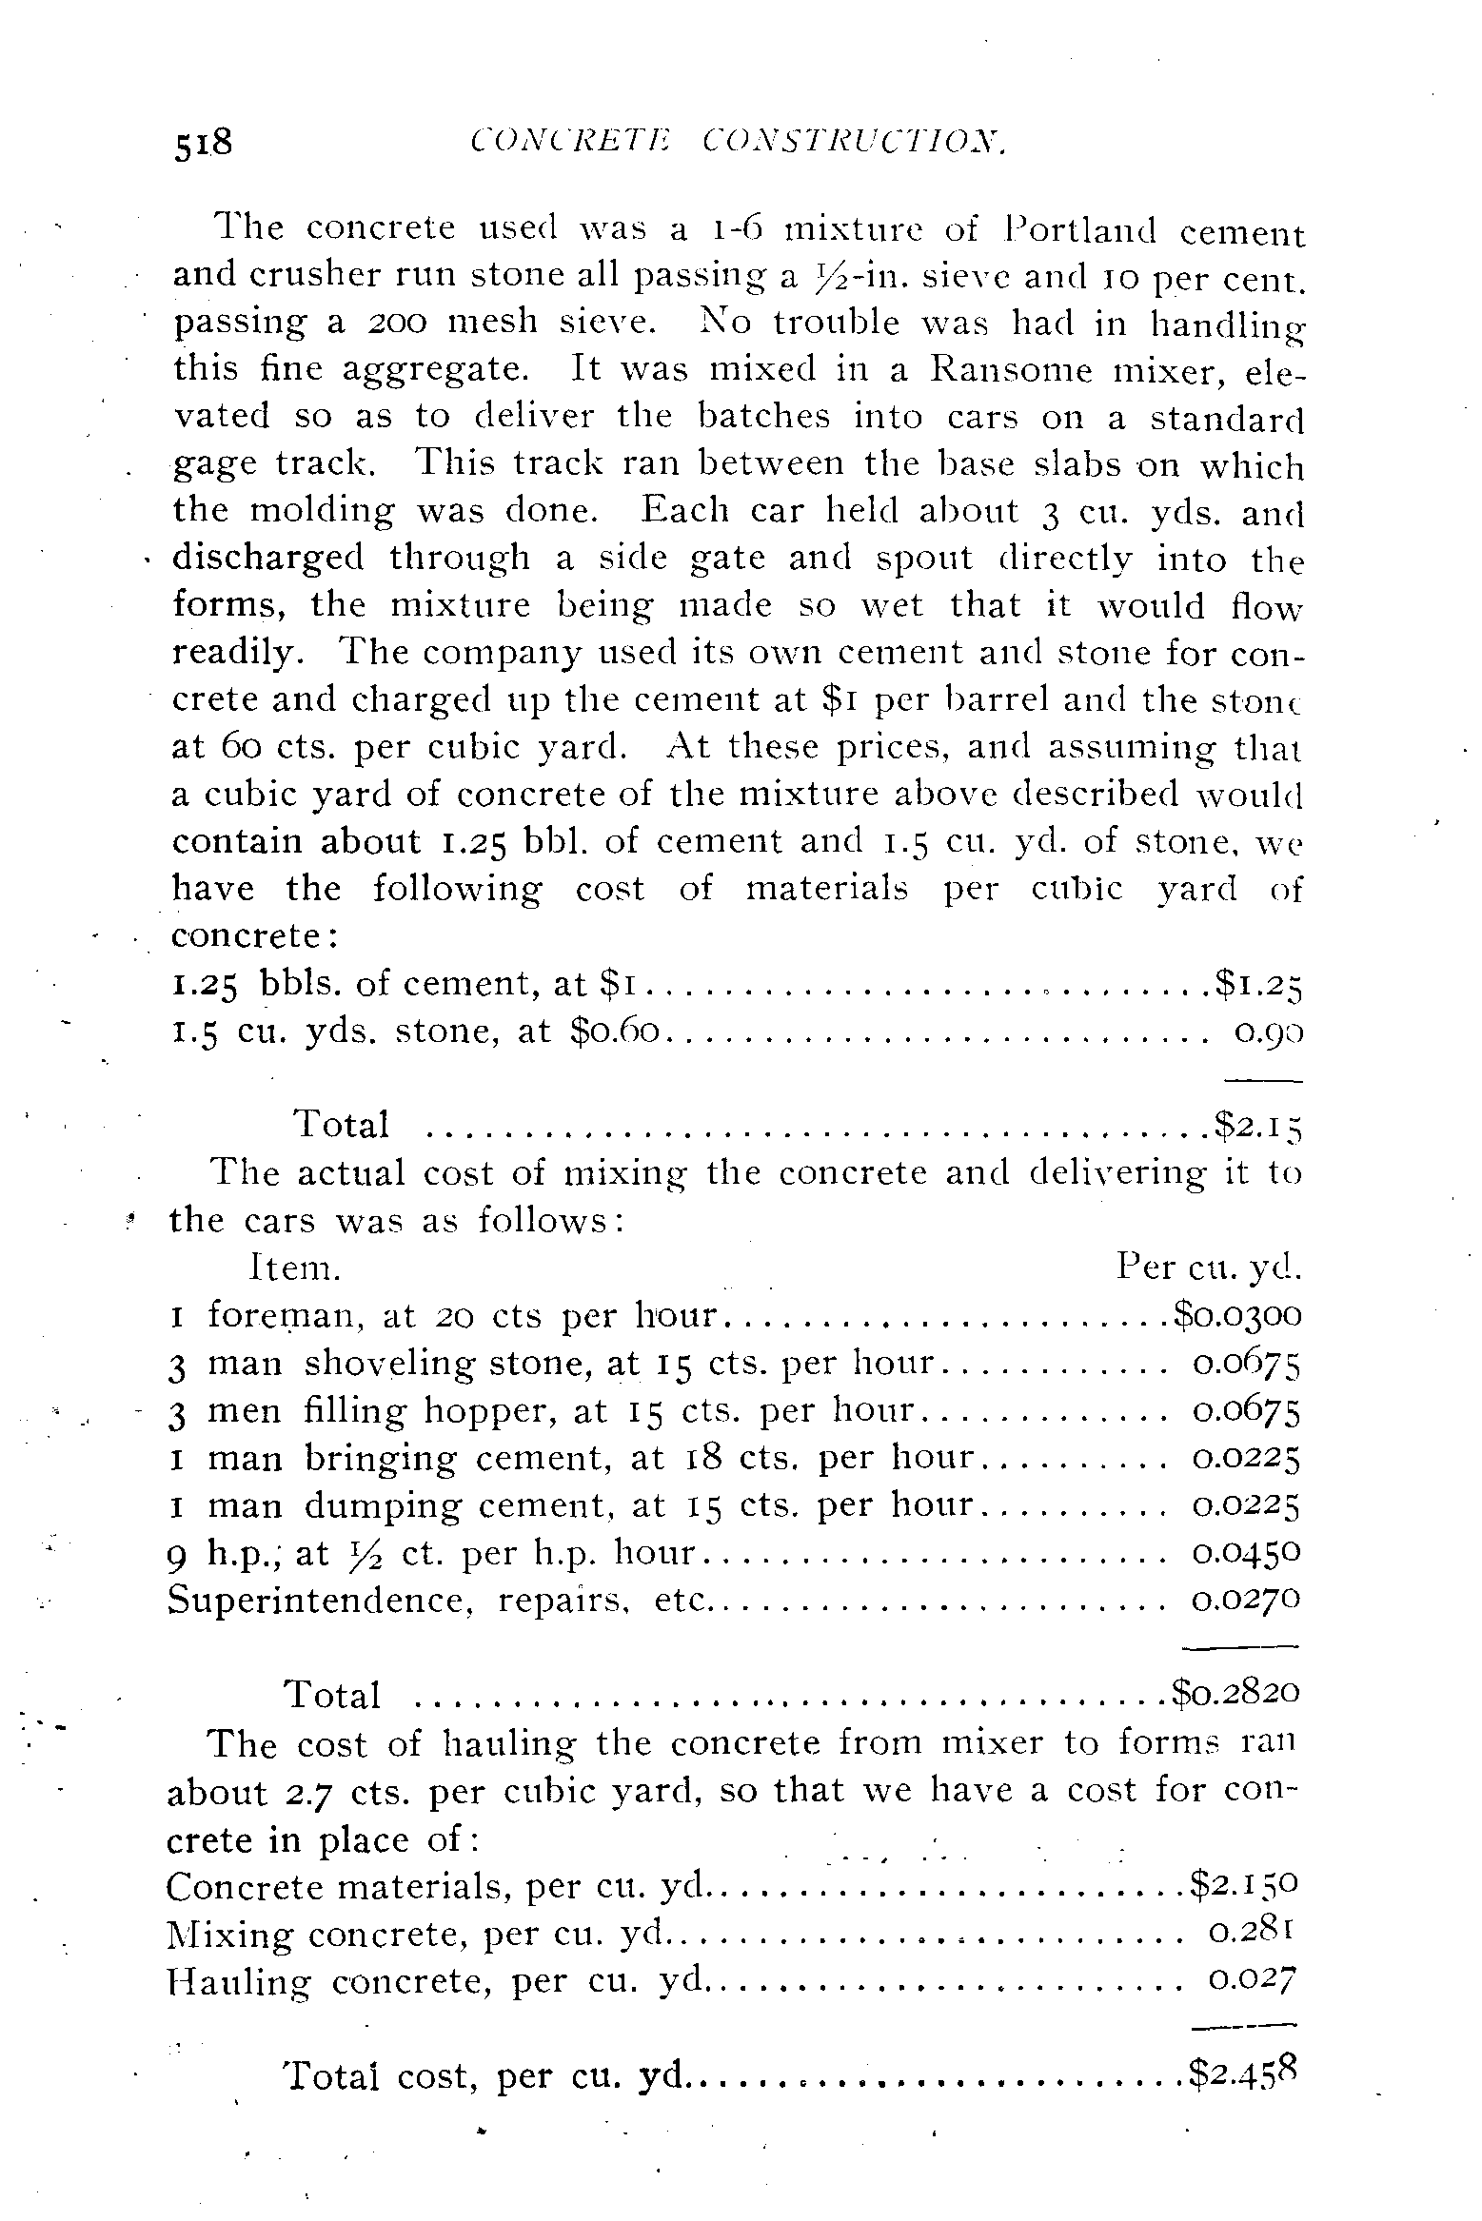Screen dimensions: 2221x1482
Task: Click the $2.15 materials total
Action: tap(1256, 1126)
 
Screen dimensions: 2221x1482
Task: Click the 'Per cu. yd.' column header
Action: tap(1208, 1268)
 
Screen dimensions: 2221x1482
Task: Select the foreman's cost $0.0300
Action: tap(1236, 1315)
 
